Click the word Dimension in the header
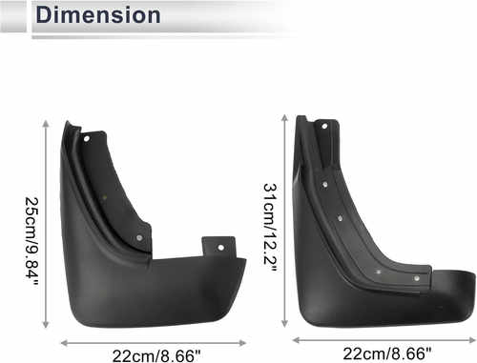coord(98,15)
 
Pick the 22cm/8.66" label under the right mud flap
coord(386,353)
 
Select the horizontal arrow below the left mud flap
coord(154,341)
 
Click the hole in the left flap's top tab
coord(86,138)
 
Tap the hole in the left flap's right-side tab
coord(220,248)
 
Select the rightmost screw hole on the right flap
coord(416,278)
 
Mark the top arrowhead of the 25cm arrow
coord(46,122)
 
